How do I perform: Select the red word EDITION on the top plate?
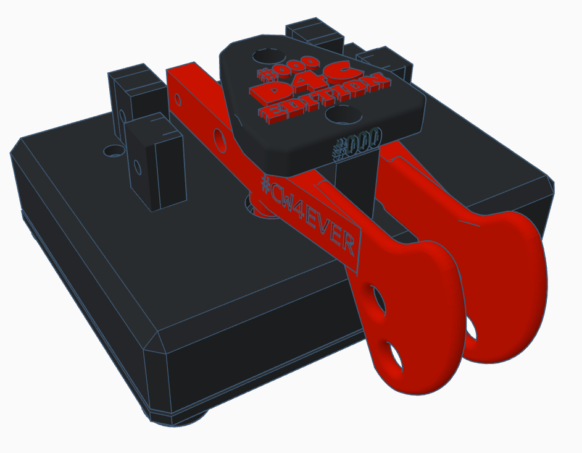click(324, 99)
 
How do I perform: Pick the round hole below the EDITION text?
click(344, 115)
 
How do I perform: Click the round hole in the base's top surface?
click(113, 150)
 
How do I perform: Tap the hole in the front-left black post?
click(137, 166)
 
